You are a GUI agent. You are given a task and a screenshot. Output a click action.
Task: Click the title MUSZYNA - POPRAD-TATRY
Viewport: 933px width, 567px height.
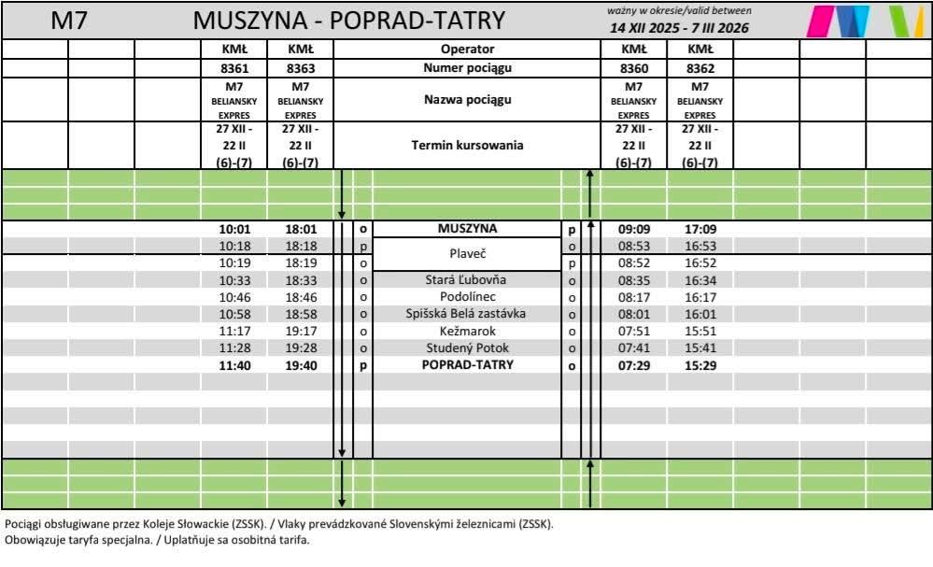click(348, 21)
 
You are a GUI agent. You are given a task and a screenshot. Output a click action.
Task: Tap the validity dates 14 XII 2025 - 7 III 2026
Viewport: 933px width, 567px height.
click(679, 28)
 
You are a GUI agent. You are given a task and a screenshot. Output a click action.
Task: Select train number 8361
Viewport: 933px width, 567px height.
click(233, 68)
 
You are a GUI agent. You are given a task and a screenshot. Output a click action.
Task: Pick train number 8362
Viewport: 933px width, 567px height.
click(700, 68)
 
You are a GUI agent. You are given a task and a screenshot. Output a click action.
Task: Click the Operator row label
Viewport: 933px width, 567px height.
click(467, 50)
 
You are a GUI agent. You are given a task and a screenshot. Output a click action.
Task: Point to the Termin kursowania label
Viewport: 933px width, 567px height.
click(467, 146)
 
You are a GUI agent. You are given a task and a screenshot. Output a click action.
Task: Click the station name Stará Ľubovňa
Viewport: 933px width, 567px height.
click(466, 280)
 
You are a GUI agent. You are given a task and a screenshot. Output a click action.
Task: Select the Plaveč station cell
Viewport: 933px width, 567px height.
click(467, 254)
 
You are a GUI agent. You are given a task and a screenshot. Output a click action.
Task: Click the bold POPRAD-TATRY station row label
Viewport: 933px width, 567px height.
click(467, 365)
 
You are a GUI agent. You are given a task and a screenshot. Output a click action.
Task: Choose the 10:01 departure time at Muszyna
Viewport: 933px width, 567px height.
click(233, 229)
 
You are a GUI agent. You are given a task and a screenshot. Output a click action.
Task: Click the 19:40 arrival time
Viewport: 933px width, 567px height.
click(301, 365)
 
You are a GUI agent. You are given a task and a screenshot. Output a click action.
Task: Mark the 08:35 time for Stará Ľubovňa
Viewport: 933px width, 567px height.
click(633, 280)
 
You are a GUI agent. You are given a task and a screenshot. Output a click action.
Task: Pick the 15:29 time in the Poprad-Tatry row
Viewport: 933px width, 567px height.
click(700, 365)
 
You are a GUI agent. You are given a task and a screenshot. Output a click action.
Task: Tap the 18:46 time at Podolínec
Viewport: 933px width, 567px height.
click(301, 297)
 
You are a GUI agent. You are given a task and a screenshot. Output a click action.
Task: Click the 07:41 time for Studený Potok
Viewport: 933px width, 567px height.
click(633, 348)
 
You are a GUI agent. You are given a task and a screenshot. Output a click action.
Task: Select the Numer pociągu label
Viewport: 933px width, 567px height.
click(467, 68)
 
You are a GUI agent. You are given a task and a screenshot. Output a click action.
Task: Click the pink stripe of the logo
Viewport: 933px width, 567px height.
click(821, 21)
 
